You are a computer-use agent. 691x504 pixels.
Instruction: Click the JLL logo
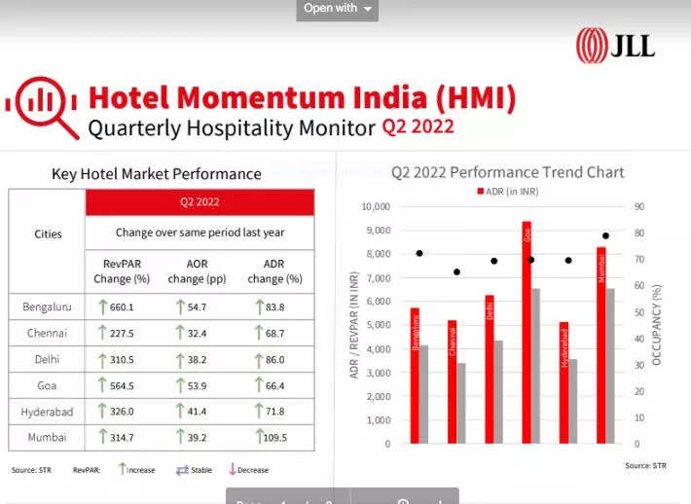coord(615,45)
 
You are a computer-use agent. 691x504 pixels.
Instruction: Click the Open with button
coord(337,9)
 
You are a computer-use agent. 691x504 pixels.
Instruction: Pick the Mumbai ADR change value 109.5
coord(274,438)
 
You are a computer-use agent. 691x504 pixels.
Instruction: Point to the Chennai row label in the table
coord(47,333)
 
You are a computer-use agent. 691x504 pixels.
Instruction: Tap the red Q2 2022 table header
coord(200,202)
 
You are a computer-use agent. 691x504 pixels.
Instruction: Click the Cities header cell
coord(48,234)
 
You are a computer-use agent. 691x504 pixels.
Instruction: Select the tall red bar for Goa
coord(527,331)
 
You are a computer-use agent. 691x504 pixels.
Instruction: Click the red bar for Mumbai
coord(601,344)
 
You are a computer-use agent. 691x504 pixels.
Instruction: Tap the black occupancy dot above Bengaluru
coord(419,253)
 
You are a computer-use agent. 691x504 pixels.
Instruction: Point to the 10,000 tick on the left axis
coord(375,206)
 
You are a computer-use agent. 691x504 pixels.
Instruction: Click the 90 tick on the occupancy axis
coord(638,206)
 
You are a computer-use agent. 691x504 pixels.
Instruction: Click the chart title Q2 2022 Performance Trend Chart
coord(507,172)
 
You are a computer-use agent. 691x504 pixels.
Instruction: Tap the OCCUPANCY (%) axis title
coord(657,325)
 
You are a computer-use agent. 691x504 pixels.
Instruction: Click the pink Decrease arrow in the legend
coord(233,469)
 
